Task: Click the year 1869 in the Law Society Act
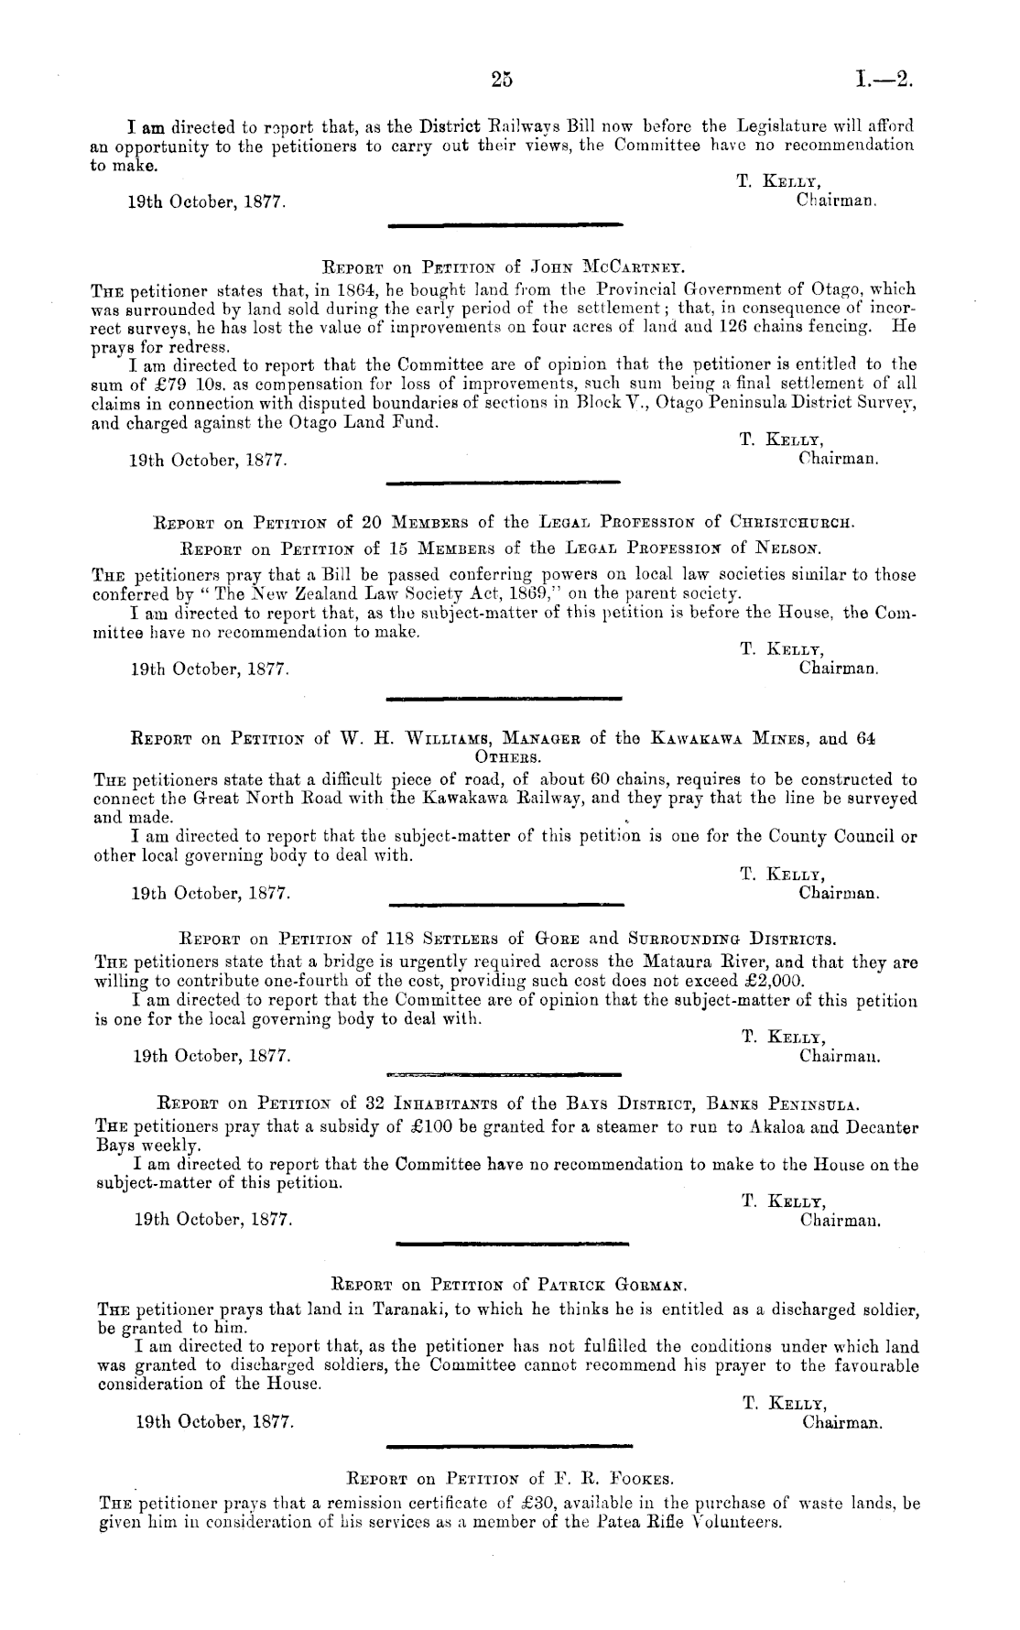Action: (x=525, y=594)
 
